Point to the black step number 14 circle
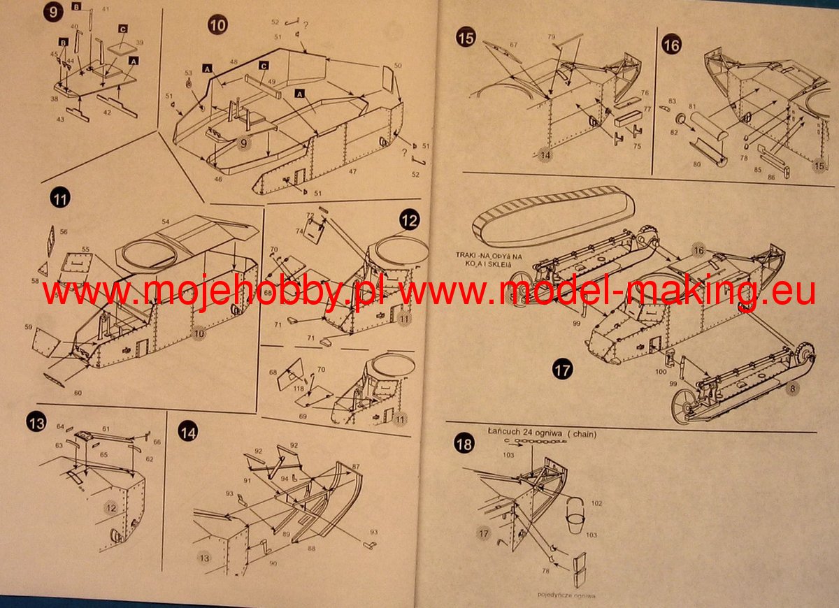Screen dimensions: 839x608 click(187, 431)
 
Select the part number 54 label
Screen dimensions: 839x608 click(166, 222)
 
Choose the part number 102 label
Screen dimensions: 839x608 click(596, 502)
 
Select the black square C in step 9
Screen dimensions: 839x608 click(122, 29)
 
